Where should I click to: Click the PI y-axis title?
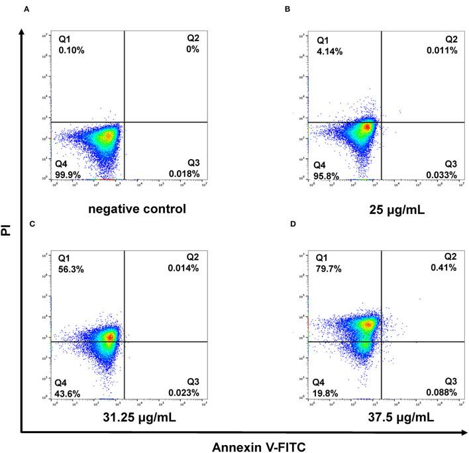(8, 232)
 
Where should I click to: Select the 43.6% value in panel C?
(68, 393)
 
